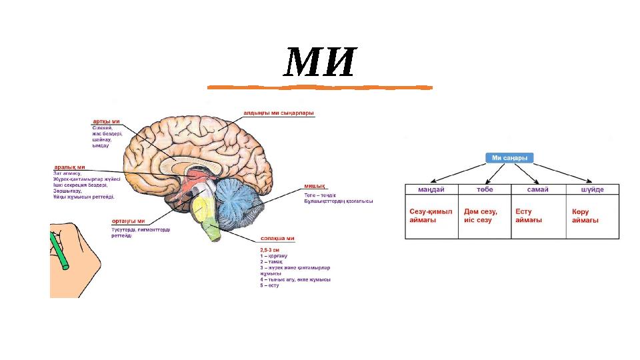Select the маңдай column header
pyautogui.click(x=432, y=190)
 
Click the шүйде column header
pyautogui.click(x=593, y=190)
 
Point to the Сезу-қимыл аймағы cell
pyautogui.click(x=431, y=216)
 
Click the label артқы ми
pyautogui.click(x=106, y=121)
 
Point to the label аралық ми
pyautogui.click(x=69, y=167)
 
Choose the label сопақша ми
pyautogui.click(x=277, y=238)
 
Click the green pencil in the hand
pyautogui.click(x=59, y=251)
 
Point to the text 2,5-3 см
pyautogui.click(x=269, y=249)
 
